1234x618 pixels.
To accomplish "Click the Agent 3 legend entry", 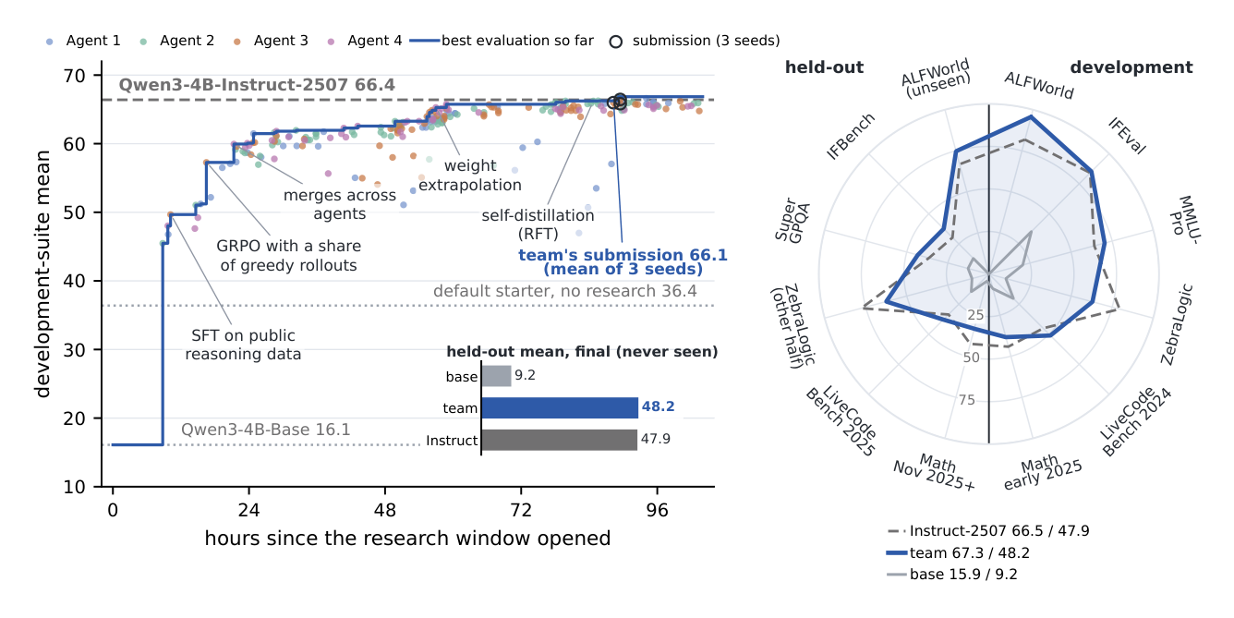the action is pos(271,41).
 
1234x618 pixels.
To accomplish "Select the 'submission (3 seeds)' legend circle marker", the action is pos(616,42).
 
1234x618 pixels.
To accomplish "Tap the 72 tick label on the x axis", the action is pos(521,511).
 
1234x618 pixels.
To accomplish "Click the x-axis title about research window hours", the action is pos(407,539).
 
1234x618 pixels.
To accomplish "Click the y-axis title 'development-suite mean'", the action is pos(42,273).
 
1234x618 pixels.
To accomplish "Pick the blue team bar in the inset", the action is pos(560,407).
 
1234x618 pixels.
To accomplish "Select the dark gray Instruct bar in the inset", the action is pos(559,440).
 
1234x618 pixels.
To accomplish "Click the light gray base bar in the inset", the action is pos(496,376).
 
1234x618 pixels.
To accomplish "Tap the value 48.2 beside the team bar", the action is pos(658,406).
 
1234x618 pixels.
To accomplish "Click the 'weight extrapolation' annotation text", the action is pos(470,176).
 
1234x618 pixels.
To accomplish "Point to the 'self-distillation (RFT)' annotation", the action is pos(538,224).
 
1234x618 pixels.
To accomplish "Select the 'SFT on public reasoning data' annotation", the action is pos(243,345).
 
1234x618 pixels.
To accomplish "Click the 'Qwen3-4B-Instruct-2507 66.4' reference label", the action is pos(257,85).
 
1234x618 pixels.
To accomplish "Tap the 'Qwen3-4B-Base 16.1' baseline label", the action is pos(265,430).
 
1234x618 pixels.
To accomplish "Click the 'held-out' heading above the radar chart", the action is pos(824,67).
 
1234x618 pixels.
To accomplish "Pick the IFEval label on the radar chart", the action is pos(1127,136).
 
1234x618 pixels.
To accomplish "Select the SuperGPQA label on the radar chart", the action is pos(792,221).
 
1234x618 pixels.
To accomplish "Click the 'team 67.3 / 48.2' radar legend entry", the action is pos(958,552).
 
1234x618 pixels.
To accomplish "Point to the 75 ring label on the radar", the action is pos(967,400).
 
